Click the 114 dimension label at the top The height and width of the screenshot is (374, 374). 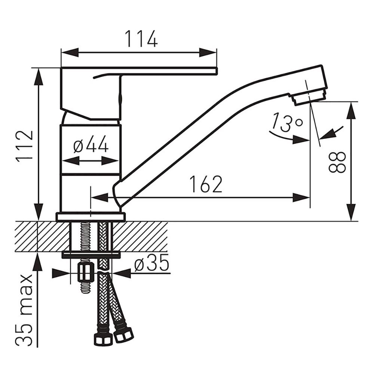141,39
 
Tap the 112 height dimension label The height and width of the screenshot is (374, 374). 24,145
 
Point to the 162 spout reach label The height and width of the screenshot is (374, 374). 206,184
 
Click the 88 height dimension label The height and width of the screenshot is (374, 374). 337,162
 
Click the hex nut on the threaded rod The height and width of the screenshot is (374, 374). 85,273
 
